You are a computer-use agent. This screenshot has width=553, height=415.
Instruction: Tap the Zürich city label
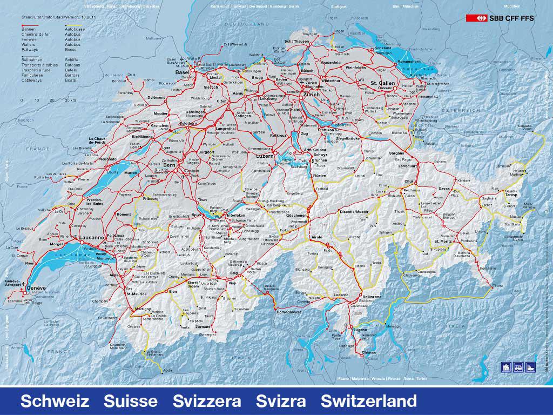(x=312, y=94)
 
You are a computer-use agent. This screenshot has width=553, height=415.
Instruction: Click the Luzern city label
(x=258, y=156)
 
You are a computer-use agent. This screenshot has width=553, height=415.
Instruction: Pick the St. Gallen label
(x=383, y=83)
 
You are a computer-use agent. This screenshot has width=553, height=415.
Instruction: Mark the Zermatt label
(x=203, y=327)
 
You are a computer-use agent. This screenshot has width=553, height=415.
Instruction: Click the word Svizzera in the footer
(x=207, y=401)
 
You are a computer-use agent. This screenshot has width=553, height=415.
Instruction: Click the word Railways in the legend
(x=29, y=49)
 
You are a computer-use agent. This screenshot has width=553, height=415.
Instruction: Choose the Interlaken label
(x=237, y=215)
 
